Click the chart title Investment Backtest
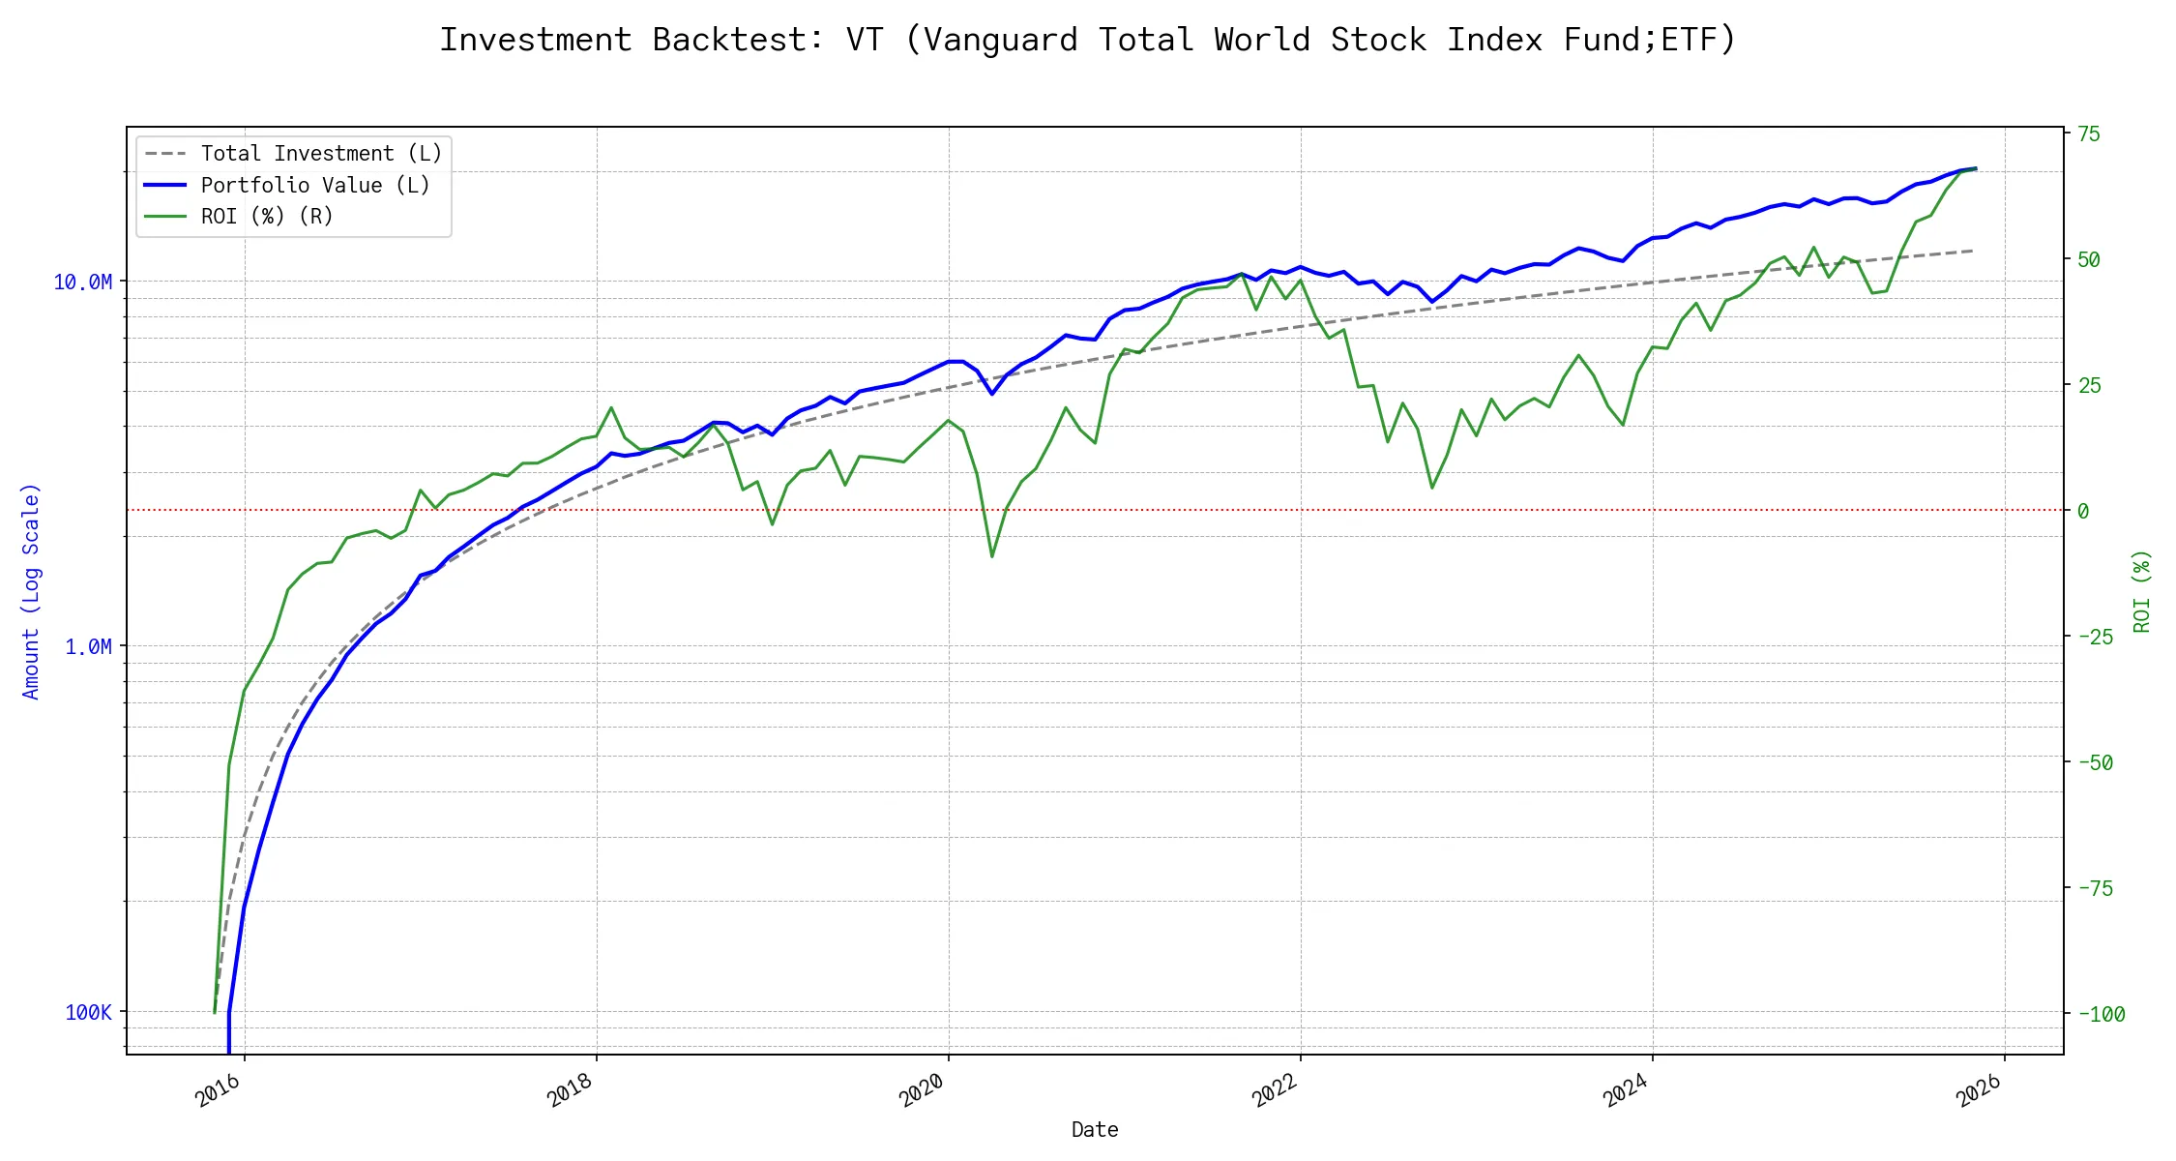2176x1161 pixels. point(1087,40)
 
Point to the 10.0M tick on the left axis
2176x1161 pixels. point(82,282)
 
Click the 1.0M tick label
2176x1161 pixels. point(88,646)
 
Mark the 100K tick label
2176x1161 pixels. point(88,1012)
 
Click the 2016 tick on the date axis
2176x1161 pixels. point(219,1090)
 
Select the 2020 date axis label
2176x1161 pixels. point(923,1090)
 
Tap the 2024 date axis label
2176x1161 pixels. point(1627,1090)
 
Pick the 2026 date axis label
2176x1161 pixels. point(1979,1090)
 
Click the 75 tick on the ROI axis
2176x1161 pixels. point(2089,134)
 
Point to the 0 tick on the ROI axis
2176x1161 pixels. point(2083,511)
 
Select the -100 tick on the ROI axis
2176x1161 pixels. point(2102,1014)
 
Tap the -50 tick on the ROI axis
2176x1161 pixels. point(2096,762)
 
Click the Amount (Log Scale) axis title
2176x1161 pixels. point(31,591)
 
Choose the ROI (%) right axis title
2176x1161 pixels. point(2142,591)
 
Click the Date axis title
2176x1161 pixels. point(1095,1129)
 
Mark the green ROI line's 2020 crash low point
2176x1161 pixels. point(992,556)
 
